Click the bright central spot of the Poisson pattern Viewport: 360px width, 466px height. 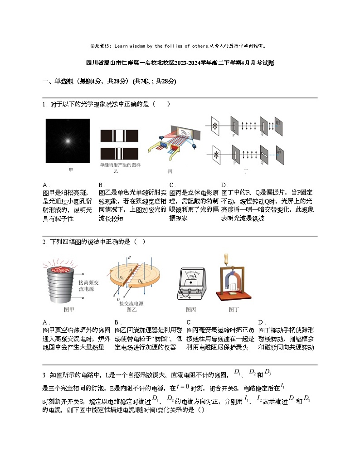point(68,141)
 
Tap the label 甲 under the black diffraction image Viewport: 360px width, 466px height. point(70,170)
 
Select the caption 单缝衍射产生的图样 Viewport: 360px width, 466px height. point(120,165)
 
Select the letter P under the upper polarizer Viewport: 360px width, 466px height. point(234,135)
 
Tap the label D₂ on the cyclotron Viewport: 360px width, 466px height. point(140,282)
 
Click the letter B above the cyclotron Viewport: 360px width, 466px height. point(129,257)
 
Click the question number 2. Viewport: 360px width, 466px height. point(44,242)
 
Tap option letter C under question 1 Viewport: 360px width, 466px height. point(172,185)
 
